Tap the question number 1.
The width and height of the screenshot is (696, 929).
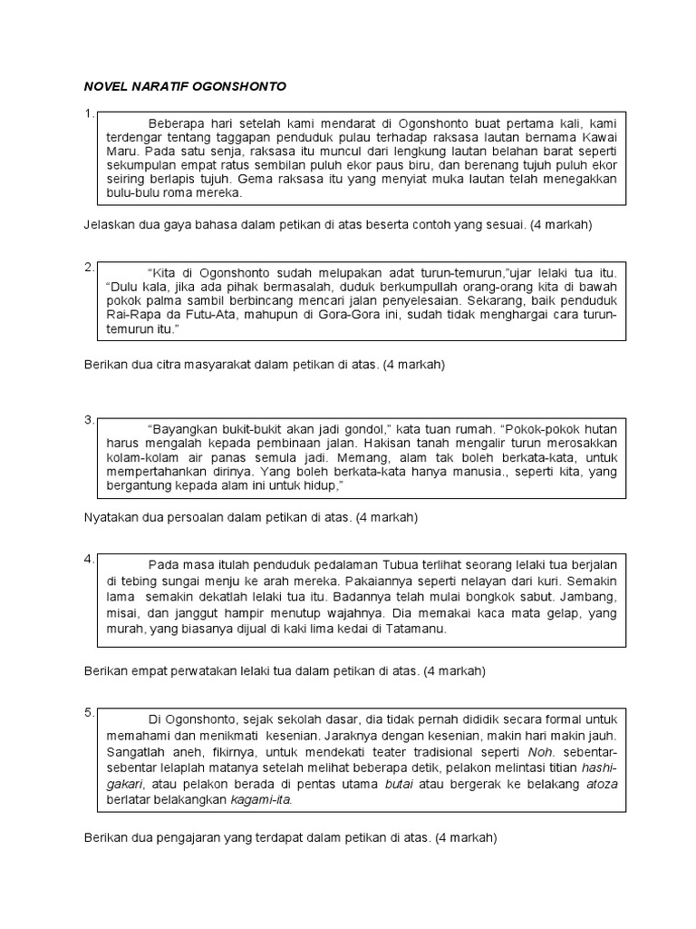point(87,114)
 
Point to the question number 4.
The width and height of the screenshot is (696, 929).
point(87,559)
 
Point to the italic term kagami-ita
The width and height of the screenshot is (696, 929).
point(260,799)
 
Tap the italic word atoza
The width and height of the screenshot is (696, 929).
point(601,784)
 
